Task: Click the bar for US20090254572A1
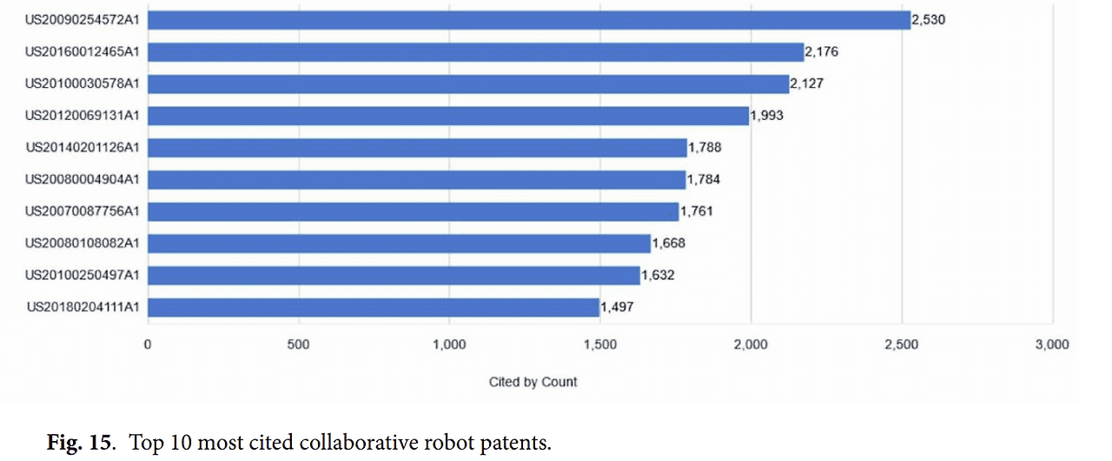[529, 20]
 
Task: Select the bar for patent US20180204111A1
[374, 307]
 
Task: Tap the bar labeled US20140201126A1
[417, 148]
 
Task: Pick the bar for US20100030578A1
[468, 84]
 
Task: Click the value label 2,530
[929, 20]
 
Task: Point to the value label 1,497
[618, 307]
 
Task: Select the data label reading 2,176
[822, 52]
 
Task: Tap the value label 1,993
[767, 116]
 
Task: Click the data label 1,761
[697, 211]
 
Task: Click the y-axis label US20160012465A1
[83, 52]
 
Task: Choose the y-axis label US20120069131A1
[83, 116]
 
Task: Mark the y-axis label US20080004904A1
[83, 179]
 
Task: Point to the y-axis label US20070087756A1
[83, 211]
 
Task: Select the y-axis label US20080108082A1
[83, 243]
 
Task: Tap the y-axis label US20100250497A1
[83, 275]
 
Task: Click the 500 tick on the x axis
[298, 345]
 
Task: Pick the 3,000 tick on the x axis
[1052, 345]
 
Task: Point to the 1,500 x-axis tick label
[599, 345]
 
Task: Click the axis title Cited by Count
[533, 382]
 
